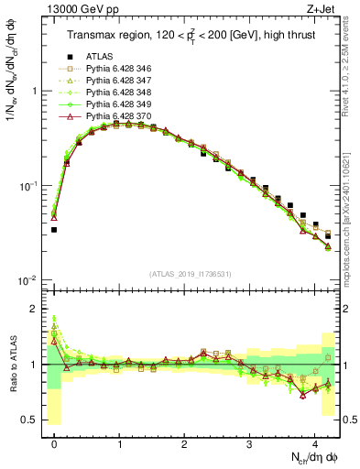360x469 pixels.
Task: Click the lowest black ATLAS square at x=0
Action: coord(54,230)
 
